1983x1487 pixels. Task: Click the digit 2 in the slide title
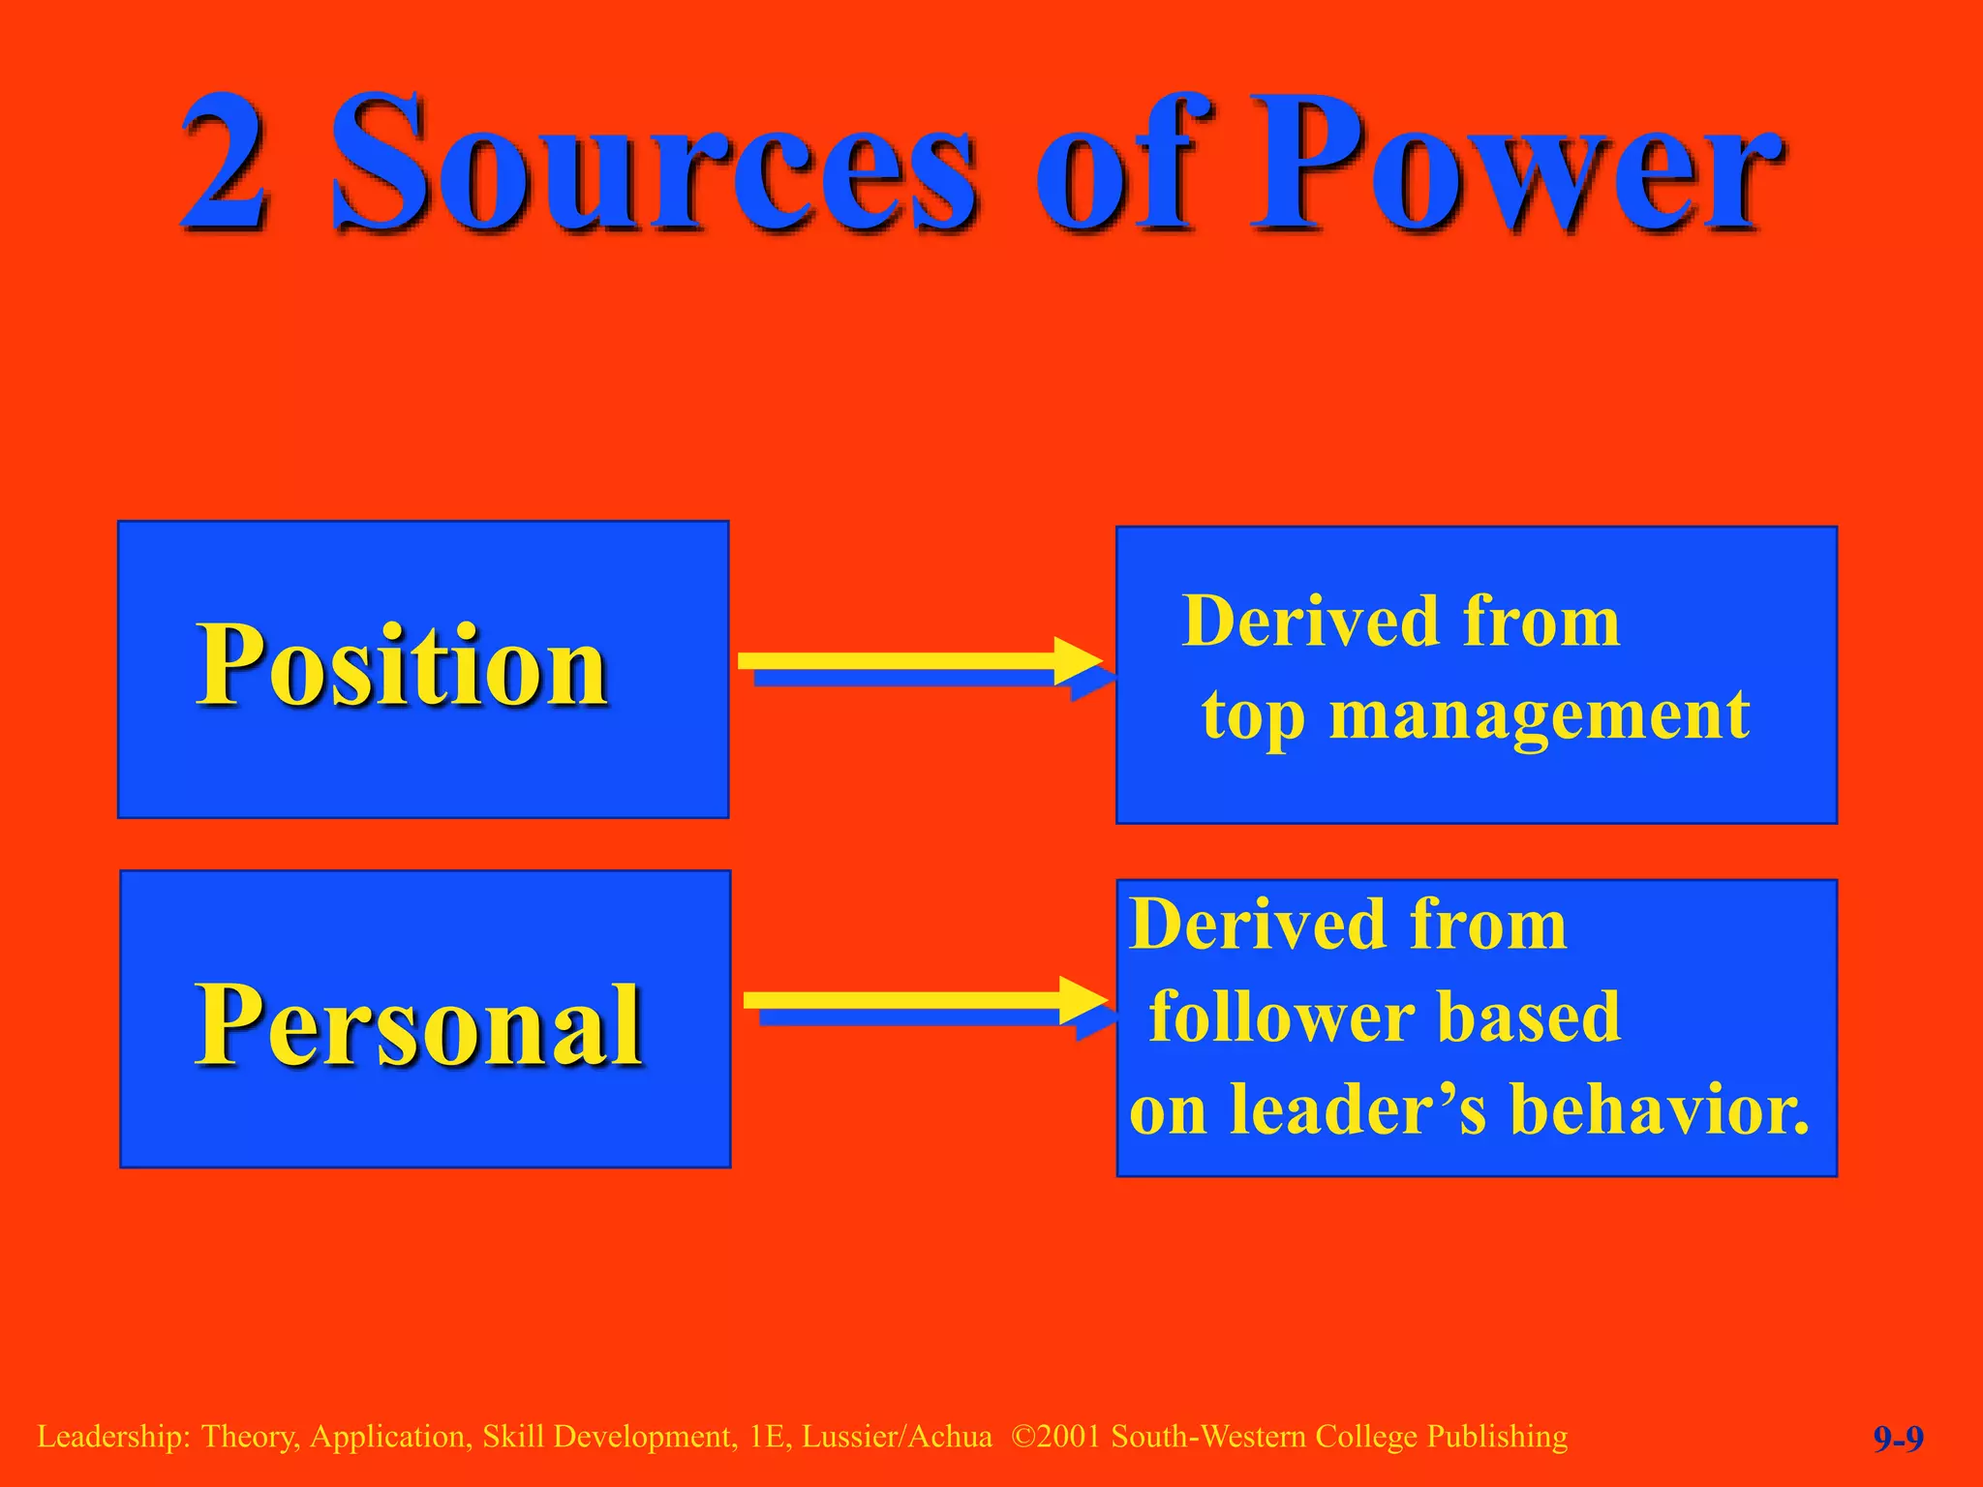pyautogui.click(x=225, y=163)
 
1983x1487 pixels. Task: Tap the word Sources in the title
pyautogui.click(x=654, y=163)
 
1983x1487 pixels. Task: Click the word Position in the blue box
pyautogui.click(x=402, y=666)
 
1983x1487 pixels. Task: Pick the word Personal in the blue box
pyautogui.click(x=418, y=1024)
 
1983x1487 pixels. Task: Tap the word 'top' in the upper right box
pyautogui.click(x=1253, y=718)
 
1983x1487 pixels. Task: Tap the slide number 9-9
pyautogui.click(x=1898, y=1440)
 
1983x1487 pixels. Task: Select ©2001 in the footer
pyautogui.click(x=1056, y=1437)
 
